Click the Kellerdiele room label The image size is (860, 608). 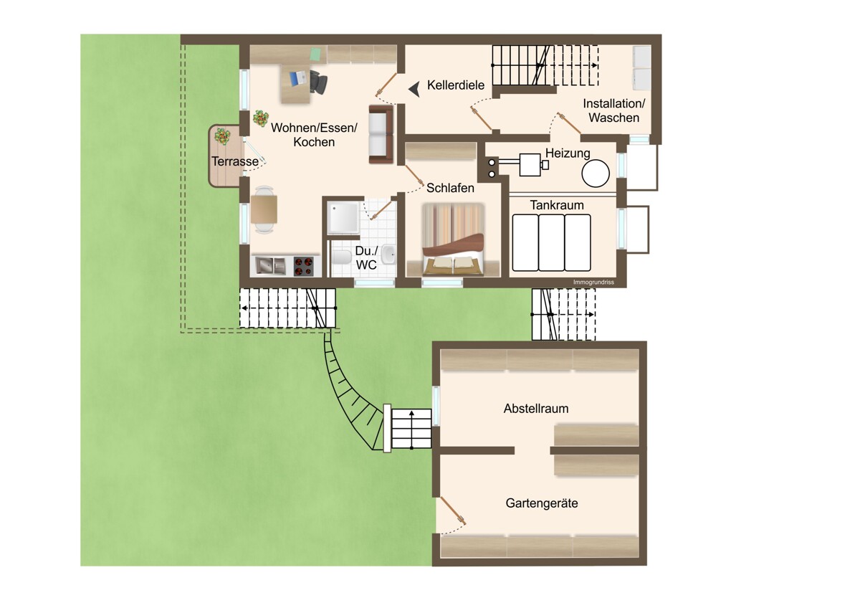(x=456, y=85)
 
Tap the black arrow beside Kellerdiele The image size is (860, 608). (x=414, y=90)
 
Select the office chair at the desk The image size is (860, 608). (x=318, y=82)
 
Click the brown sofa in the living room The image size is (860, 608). (x=381, y=134)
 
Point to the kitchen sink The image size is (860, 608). (x=270, y=266)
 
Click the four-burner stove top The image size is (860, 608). (x=303, y=266)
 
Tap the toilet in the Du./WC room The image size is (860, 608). (x=342, y=257)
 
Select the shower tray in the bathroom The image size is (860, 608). (x=343, y=218)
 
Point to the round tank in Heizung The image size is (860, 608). (x=596, y=174)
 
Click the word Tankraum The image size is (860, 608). (x=557, y=205)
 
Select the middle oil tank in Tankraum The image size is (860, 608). (x=551, y=243)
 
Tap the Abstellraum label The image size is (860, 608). (x=536, y=408)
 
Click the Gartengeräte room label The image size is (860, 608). (x=542, y=503)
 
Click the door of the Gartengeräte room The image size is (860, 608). (x=453, y=510)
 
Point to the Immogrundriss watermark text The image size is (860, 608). (x=593, y=282)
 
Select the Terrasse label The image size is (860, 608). (x=235, y=161)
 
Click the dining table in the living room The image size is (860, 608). (x=264, y=209)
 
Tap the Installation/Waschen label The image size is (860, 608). (x=614, y=110)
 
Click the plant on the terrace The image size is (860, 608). (x=223, y=136)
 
